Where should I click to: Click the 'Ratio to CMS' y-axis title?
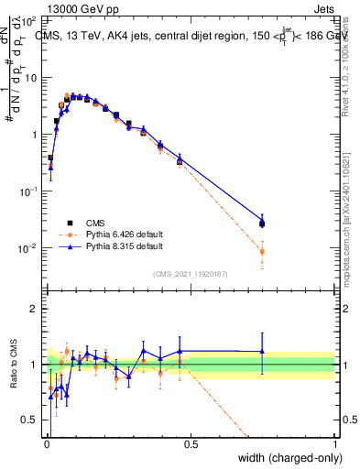13,365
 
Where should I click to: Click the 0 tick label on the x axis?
46,444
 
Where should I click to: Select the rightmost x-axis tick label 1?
335,444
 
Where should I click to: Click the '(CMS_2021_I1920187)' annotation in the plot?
191,274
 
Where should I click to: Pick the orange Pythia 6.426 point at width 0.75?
262,251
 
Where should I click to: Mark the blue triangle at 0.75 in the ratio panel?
262,351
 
